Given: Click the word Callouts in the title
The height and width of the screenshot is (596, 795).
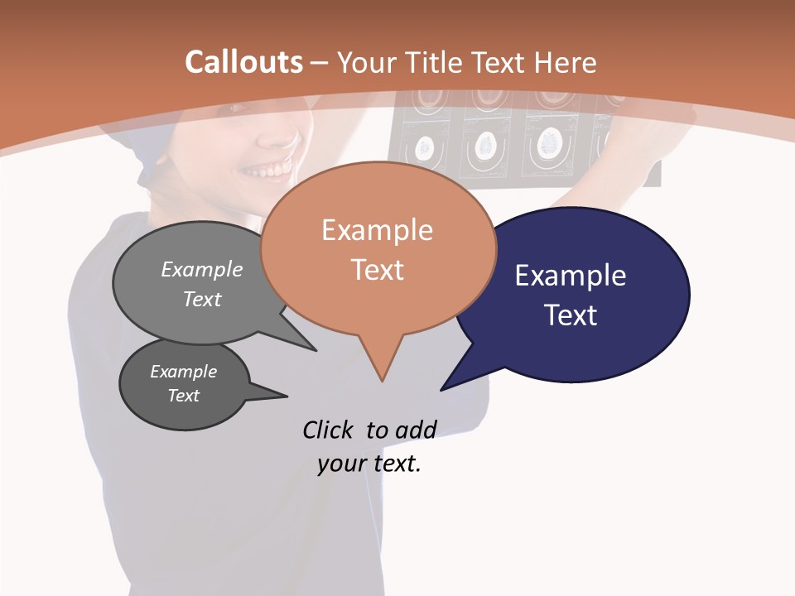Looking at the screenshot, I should coord(243,62).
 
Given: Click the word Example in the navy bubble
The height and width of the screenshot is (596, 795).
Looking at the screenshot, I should coord(571,275).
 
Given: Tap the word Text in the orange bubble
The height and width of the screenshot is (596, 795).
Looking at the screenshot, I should coord(378,270).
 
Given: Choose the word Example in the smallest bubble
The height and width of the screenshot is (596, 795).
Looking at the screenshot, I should coord(184,372).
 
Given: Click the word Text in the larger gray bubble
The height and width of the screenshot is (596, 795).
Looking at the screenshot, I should coord(202,299).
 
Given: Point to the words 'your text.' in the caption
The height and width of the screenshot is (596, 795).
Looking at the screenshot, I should coord(369,464).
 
